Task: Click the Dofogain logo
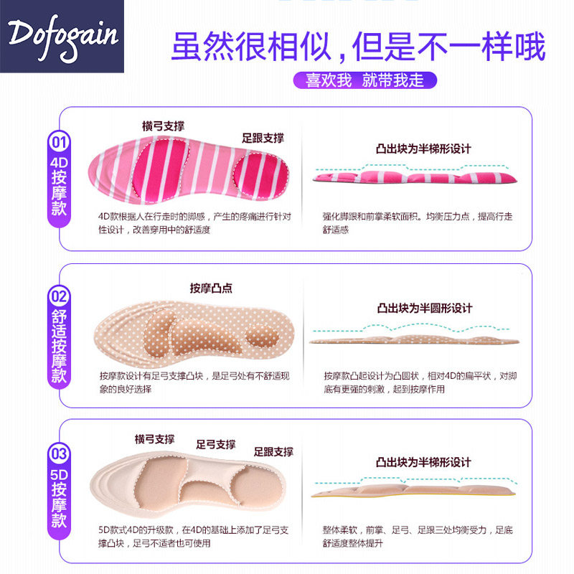63,36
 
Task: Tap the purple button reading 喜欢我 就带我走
365,80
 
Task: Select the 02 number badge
59,295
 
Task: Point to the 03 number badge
59,454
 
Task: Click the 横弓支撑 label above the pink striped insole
163,126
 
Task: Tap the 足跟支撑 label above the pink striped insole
263,138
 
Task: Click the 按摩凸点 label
211,288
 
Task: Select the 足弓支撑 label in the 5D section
216,444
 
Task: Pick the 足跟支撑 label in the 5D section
273,451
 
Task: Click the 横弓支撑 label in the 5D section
154,438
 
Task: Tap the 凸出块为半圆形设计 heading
424,308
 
